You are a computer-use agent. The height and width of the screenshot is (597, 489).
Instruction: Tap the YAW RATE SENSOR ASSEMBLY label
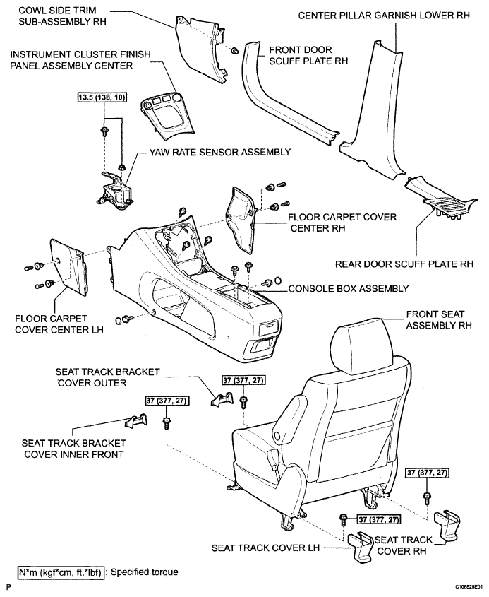(219, 153)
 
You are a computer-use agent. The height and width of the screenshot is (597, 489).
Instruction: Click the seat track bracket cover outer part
(222, 398)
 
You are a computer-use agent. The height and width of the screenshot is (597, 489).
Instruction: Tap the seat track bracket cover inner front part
(135, 420)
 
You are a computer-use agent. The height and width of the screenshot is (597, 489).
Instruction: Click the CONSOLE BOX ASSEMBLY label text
(349, 288)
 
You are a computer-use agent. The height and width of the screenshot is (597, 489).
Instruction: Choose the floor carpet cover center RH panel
(241, 220)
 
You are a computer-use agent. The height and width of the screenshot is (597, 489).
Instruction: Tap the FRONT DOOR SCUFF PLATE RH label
(308, 55)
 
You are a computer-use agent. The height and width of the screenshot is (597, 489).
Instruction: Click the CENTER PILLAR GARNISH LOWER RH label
(384, 16)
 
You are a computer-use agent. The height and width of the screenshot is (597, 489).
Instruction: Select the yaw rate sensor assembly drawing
(114, 192)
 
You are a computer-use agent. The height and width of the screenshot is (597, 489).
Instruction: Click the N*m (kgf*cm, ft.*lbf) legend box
(61, 572)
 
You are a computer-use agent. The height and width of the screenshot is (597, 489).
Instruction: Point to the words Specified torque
(145, 572)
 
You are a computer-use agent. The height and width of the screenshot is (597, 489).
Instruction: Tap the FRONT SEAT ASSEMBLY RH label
(439, 320)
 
